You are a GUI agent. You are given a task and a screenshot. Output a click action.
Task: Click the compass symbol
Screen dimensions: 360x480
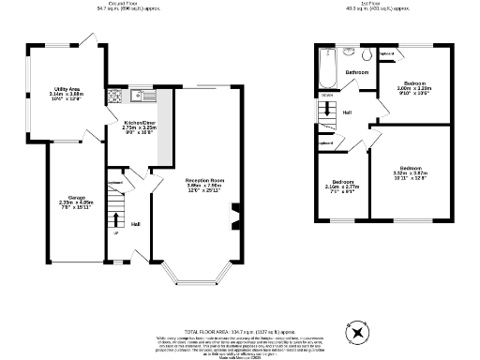pos(356,333)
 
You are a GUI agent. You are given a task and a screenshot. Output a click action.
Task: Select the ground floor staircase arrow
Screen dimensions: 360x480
pos(115,219)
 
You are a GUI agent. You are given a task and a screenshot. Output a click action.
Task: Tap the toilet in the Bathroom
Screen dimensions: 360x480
pos(348,53)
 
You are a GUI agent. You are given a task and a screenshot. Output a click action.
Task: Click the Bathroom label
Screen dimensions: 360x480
pos(356,72)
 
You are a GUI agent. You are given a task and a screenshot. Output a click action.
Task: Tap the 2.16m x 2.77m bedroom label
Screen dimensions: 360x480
pos(343,186)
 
